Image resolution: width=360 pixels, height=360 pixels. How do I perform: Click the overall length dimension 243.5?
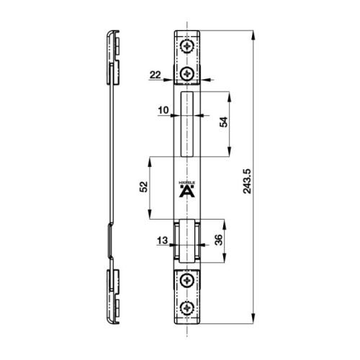click(x=266, y=175)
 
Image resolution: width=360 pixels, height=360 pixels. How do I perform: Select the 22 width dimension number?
click(x=156, y=75)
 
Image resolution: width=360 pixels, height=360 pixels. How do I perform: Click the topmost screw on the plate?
click(x=187, y=46)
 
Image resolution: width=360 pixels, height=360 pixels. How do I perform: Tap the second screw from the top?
click(x=187, y=73)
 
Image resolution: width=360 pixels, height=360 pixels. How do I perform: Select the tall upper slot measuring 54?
click(x=187, y=124)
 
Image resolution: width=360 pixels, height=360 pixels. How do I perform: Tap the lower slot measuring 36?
click(x=187, y=240)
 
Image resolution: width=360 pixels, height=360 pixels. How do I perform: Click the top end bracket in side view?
click(x=113, y=54)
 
